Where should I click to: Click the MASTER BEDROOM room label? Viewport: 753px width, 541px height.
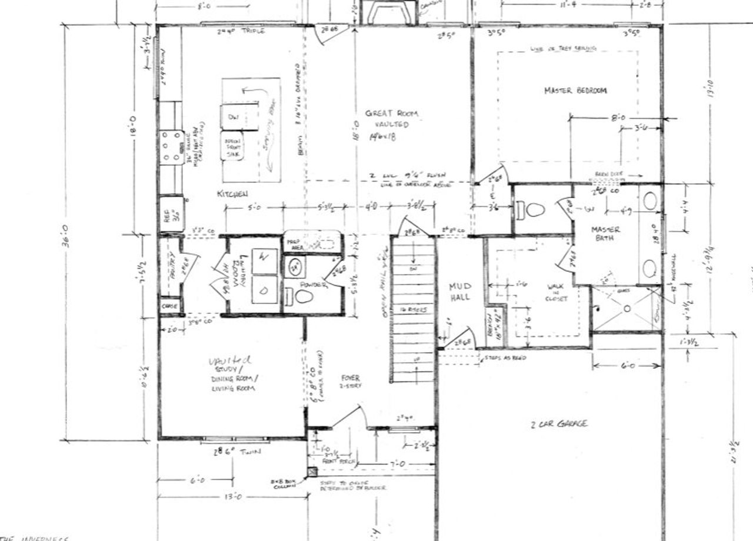pyautogui.click(x=575, y=91)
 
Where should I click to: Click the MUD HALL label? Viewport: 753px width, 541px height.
pyautogui.click(x=459, y=292)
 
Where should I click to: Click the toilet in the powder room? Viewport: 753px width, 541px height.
pyautogui.click(x=302, y=296)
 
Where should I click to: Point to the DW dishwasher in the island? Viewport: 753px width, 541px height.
pyautogui.click(x=232, y=116)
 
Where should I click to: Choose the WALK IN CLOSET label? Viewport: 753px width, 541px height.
pyautogui.click(x=556, y=292)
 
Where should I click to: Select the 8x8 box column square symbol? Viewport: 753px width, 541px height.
pyautogui.click(x=310, y=471)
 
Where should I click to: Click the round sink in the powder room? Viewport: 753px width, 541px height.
pyautogui.click(x=295, y=267)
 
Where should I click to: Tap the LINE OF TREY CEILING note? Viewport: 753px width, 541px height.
pyautogui.click(x=563, y=48)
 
